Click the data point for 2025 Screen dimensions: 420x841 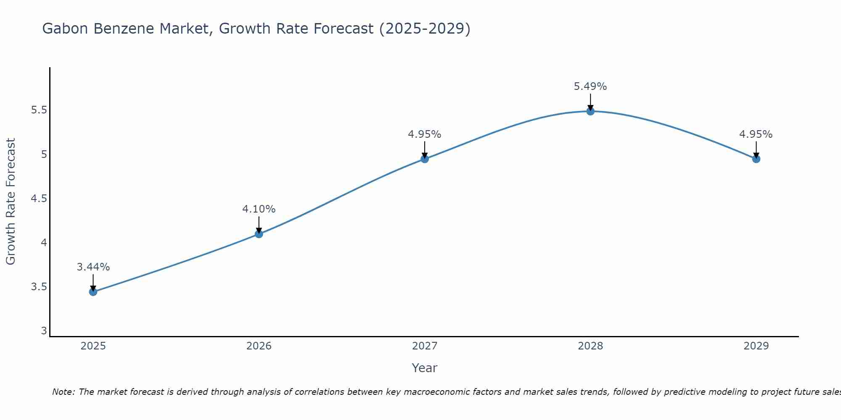click(x=93, y=292)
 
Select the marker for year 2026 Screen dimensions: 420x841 click(x=259, y=234)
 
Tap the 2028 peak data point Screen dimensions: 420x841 click(x=590, y=111)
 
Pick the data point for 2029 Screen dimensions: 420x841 click(x=756, y=159)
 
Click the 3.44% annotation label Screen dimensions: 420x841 click(x=93, y=267)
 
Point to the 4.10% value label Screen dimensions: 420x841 click(x=259, y=209)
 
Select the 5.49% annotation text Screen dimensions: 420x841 click(x=590, y=87)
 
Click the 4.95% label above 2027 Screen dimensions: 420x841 click(x=425, y=134)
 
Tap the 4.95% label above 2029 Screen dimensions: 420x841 click(x=756, y=134)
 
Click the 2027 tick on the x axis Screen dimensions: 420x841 click(x=425, y=346)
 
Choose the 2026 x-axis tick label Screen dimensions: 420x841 click(x=259, y=346)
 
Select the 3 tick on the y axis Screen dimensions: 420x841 click(x=44, y=331)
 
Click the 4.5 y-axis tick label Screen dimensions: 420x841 click(x=39, y=199)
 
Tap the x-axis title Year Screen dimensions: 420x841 click(x=425, y=368)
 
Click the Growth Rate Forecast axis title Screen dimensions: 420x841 click(x=11, y=202)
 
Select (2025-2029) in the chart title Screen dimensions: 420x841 click(x=425, y=29)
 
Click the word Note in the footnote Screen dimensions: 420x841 click(x=63, y=392)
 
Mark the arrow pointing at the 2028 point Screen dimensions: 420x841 click(x=590, y=102)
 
